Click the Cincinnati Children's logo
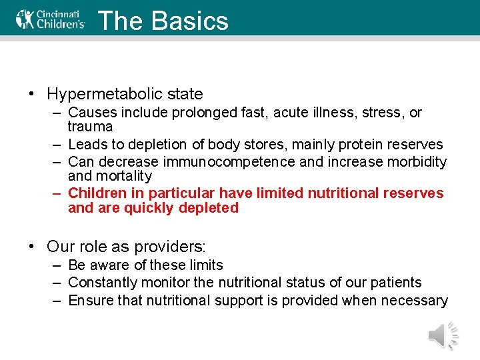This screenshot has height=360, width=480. pos(51,19)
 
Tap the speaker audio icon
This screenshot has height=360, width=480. pos(443,335)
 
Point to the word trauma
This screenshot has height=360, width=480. pos(90,127)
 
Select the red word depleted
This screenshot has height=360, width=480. pos(207,208)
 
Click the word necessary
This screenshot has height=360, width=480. pos(417,301)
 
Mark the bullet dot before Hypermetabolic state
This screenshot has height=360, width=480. pos(31,94)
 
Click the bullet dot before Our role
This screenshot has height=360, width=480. pos(31,247)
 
